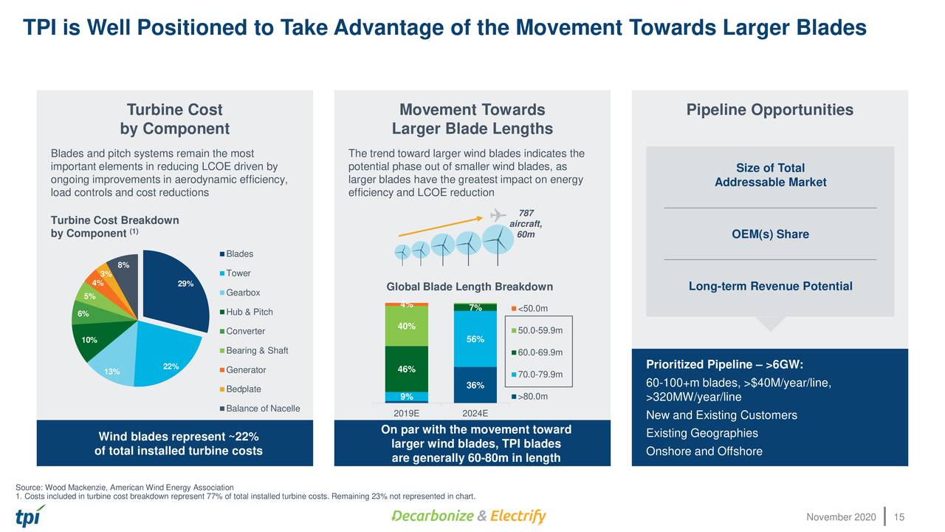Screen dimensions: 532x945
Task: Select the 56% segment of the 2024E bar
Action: [x=475, y=339]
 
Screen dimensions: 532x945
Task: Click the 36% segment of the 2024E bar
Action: [x=475, y=384]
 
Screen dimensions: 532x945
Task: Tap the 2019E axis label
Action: [x=407, y=413]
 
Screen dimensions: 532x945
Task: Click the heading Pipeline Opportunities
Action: [x=769, y=110]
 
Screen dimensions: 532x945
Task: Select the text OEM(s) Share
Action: [x=770, y=234]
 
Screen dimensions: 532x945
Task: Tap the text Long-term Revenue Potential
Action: [x=770, y=287]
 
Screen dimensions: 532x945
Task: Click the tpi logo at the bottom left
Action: [x=30, y=515]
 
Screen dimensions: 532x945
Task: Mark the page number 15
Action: [x=898, y=516]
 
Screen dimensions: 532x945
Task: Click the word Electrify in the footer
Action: [x=518, y=516]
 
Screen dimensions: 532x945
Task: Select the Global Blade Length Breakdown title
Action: [x=470, y=287]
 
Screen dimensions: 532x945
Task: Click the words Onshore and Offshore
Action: [x=704, y=451]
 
